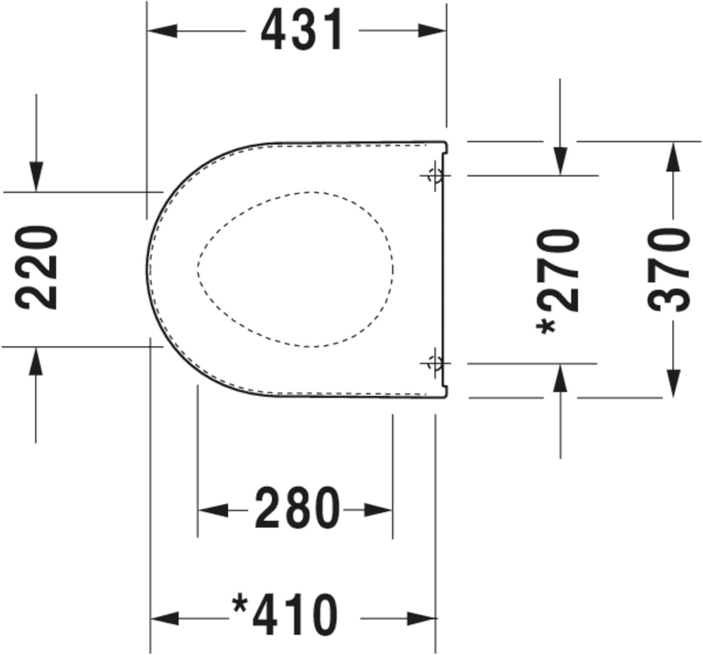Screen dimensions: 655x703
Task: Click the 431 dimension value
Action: point(302,31)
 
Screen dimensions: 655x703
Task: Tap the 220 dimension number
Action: point(36,268)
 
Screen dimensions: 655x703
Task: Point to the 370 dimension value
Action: point(669,269)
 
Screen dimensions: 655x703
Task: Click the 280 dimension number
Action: point(297,509)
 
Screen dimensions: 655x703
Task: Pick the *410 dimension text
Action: point(285,615)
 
